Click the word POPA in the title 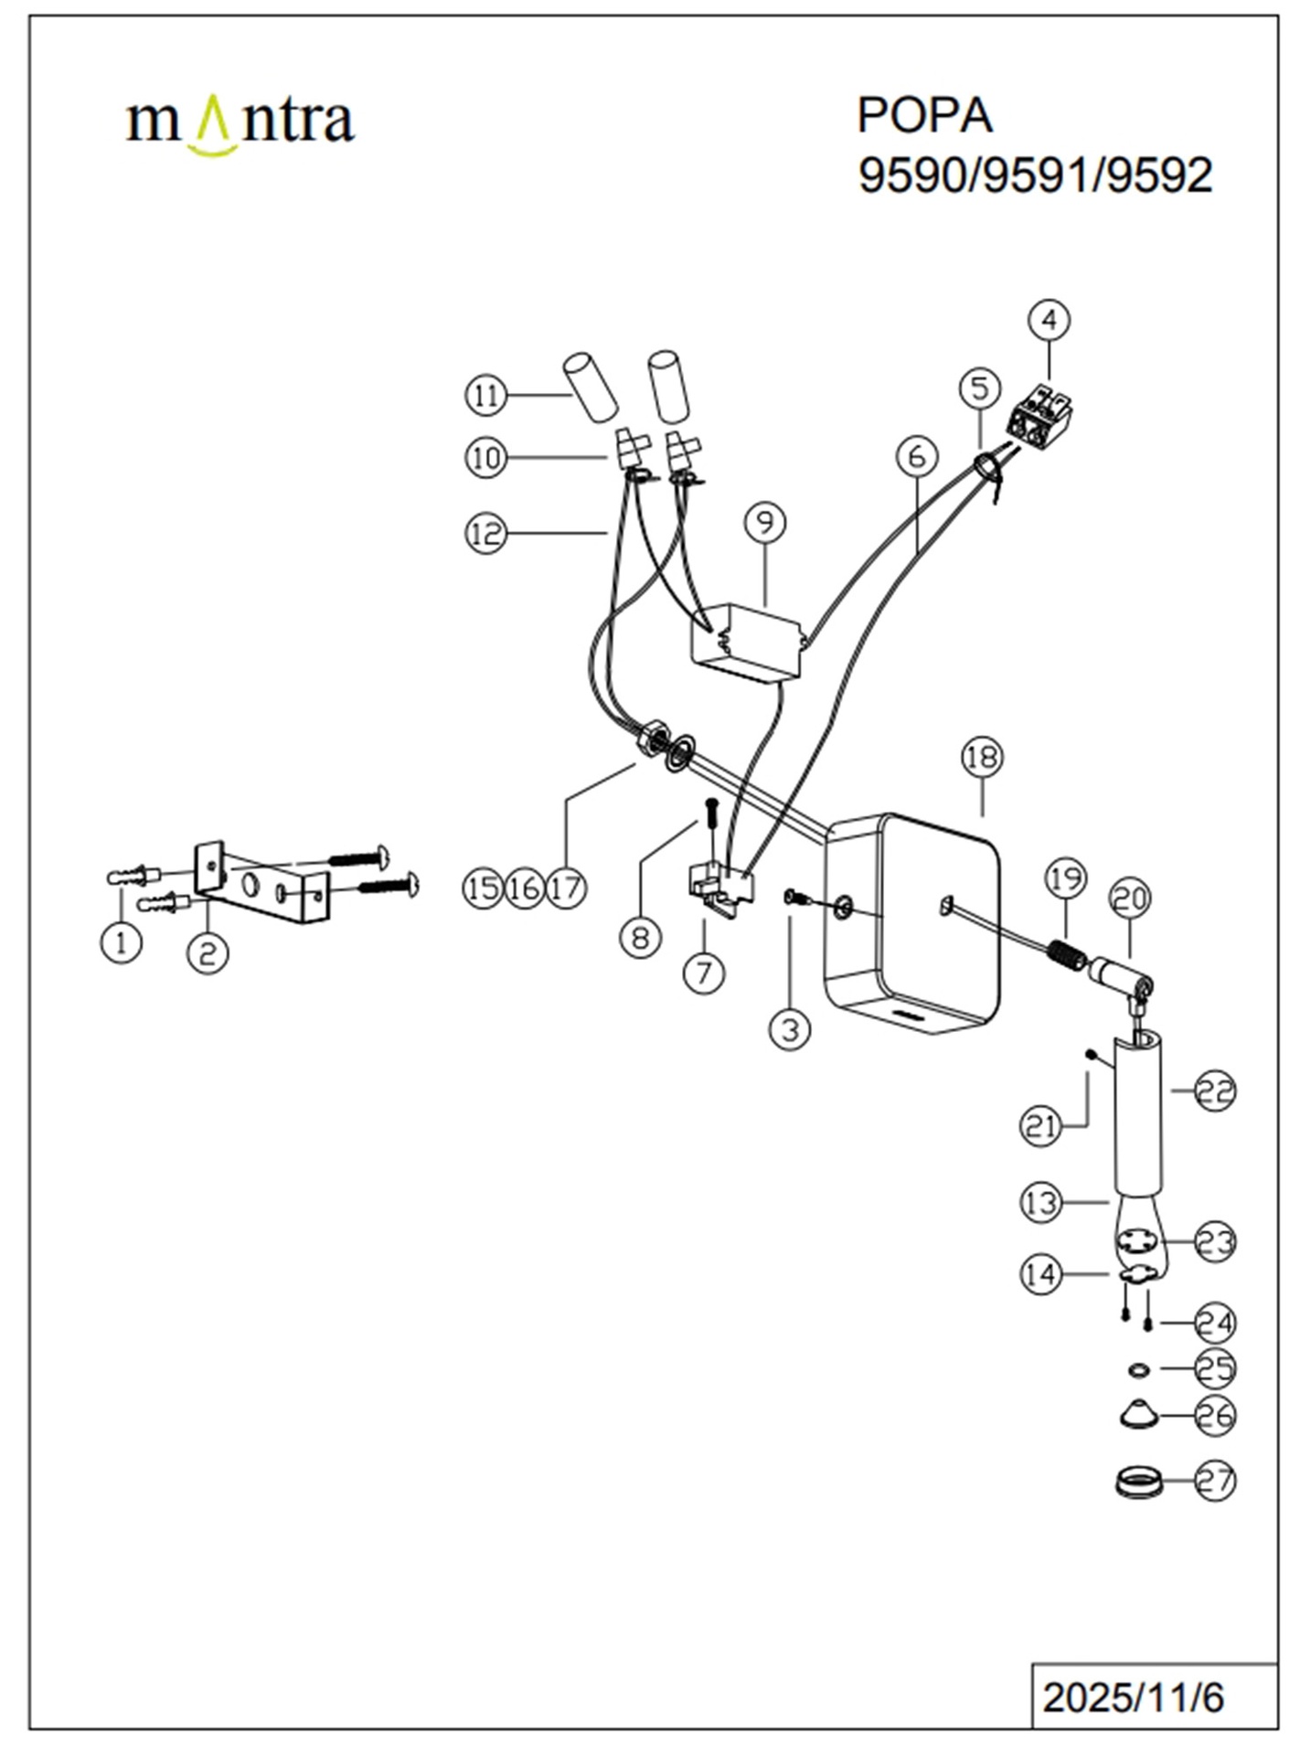(924, 115)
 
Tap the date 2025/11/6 (1133, 1697)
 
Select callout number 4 (1049, 320)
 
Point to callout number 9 (765, 522)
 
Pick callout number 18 (983, 757)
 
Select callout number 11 (485, 396)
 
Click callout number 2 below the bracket (208, 953)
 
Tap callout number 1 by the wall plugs (122, 941)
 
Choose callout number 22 (1215, 1090)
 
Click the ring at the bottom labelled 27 (1138, 1482)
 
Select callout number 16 (525, 887)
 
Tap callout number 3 (790, 1029)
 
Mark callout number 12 (485, 533)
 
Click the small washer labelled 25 (1138, 1369)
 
